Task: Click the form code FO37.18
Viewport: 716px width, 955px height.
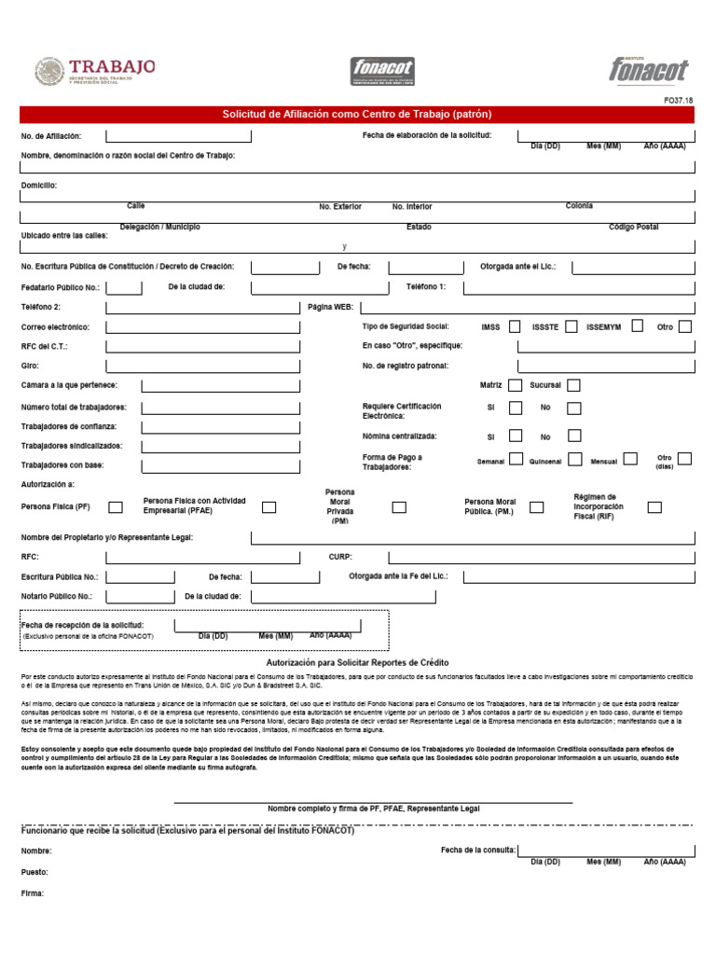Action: (x=677, y=100)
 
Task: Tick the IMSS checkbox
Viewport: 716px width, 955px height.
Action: (x=515, y=326)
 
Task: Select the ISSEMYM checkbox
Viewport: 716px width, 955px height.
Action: (x=638, y=326)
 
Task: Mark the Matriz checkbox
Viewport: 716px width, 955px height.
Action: (x=515, y=384)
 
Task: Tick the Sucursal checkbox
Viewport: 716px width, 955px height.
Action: (x=573, y=384)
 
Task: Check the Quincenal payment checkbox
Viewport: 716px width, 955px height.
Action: (x=573, y=459)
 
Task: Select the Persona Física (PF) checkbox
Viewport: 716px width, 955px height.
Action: (x=116, y=507)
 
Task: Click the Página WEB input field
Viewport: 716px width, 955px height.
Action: (x=527, y=307)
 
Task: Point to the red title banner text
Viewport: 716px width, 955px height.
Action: (x=357, y=115)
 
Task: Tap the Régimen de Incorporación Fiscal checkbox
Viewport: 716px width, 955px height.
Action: (x=654, y=507)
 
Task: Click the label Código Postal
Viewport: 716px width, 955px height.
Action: (x=634, y=227)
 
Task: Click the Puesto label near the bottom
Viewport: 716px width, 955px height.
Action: (x=34, y=872)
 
